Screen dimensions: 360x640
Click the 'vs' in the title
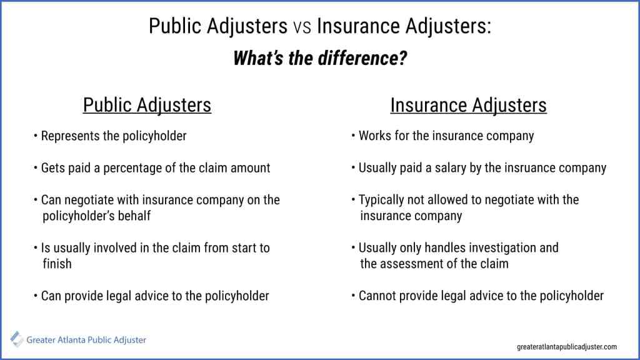[300, 27]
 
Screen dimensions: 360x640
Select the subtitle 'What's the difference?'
[320, 58]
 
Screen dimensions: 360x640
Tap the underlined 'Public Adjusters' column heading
[147, 105]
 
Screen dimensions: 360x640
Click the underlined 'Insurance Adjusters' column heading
[468, 105]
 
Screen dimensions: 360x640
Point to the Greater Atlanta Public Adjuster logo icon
[17, 340]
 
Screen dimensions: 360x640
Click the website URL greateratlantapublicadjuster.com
[567, 346]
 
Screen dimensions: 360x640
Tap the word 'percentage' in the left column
[142, 168]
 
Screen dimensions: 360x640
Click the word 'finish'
[57, 264]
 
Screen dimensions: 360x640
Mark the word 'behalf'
[136, 216]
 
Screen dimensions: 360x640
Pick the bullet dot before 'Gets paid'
[36, 168]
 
